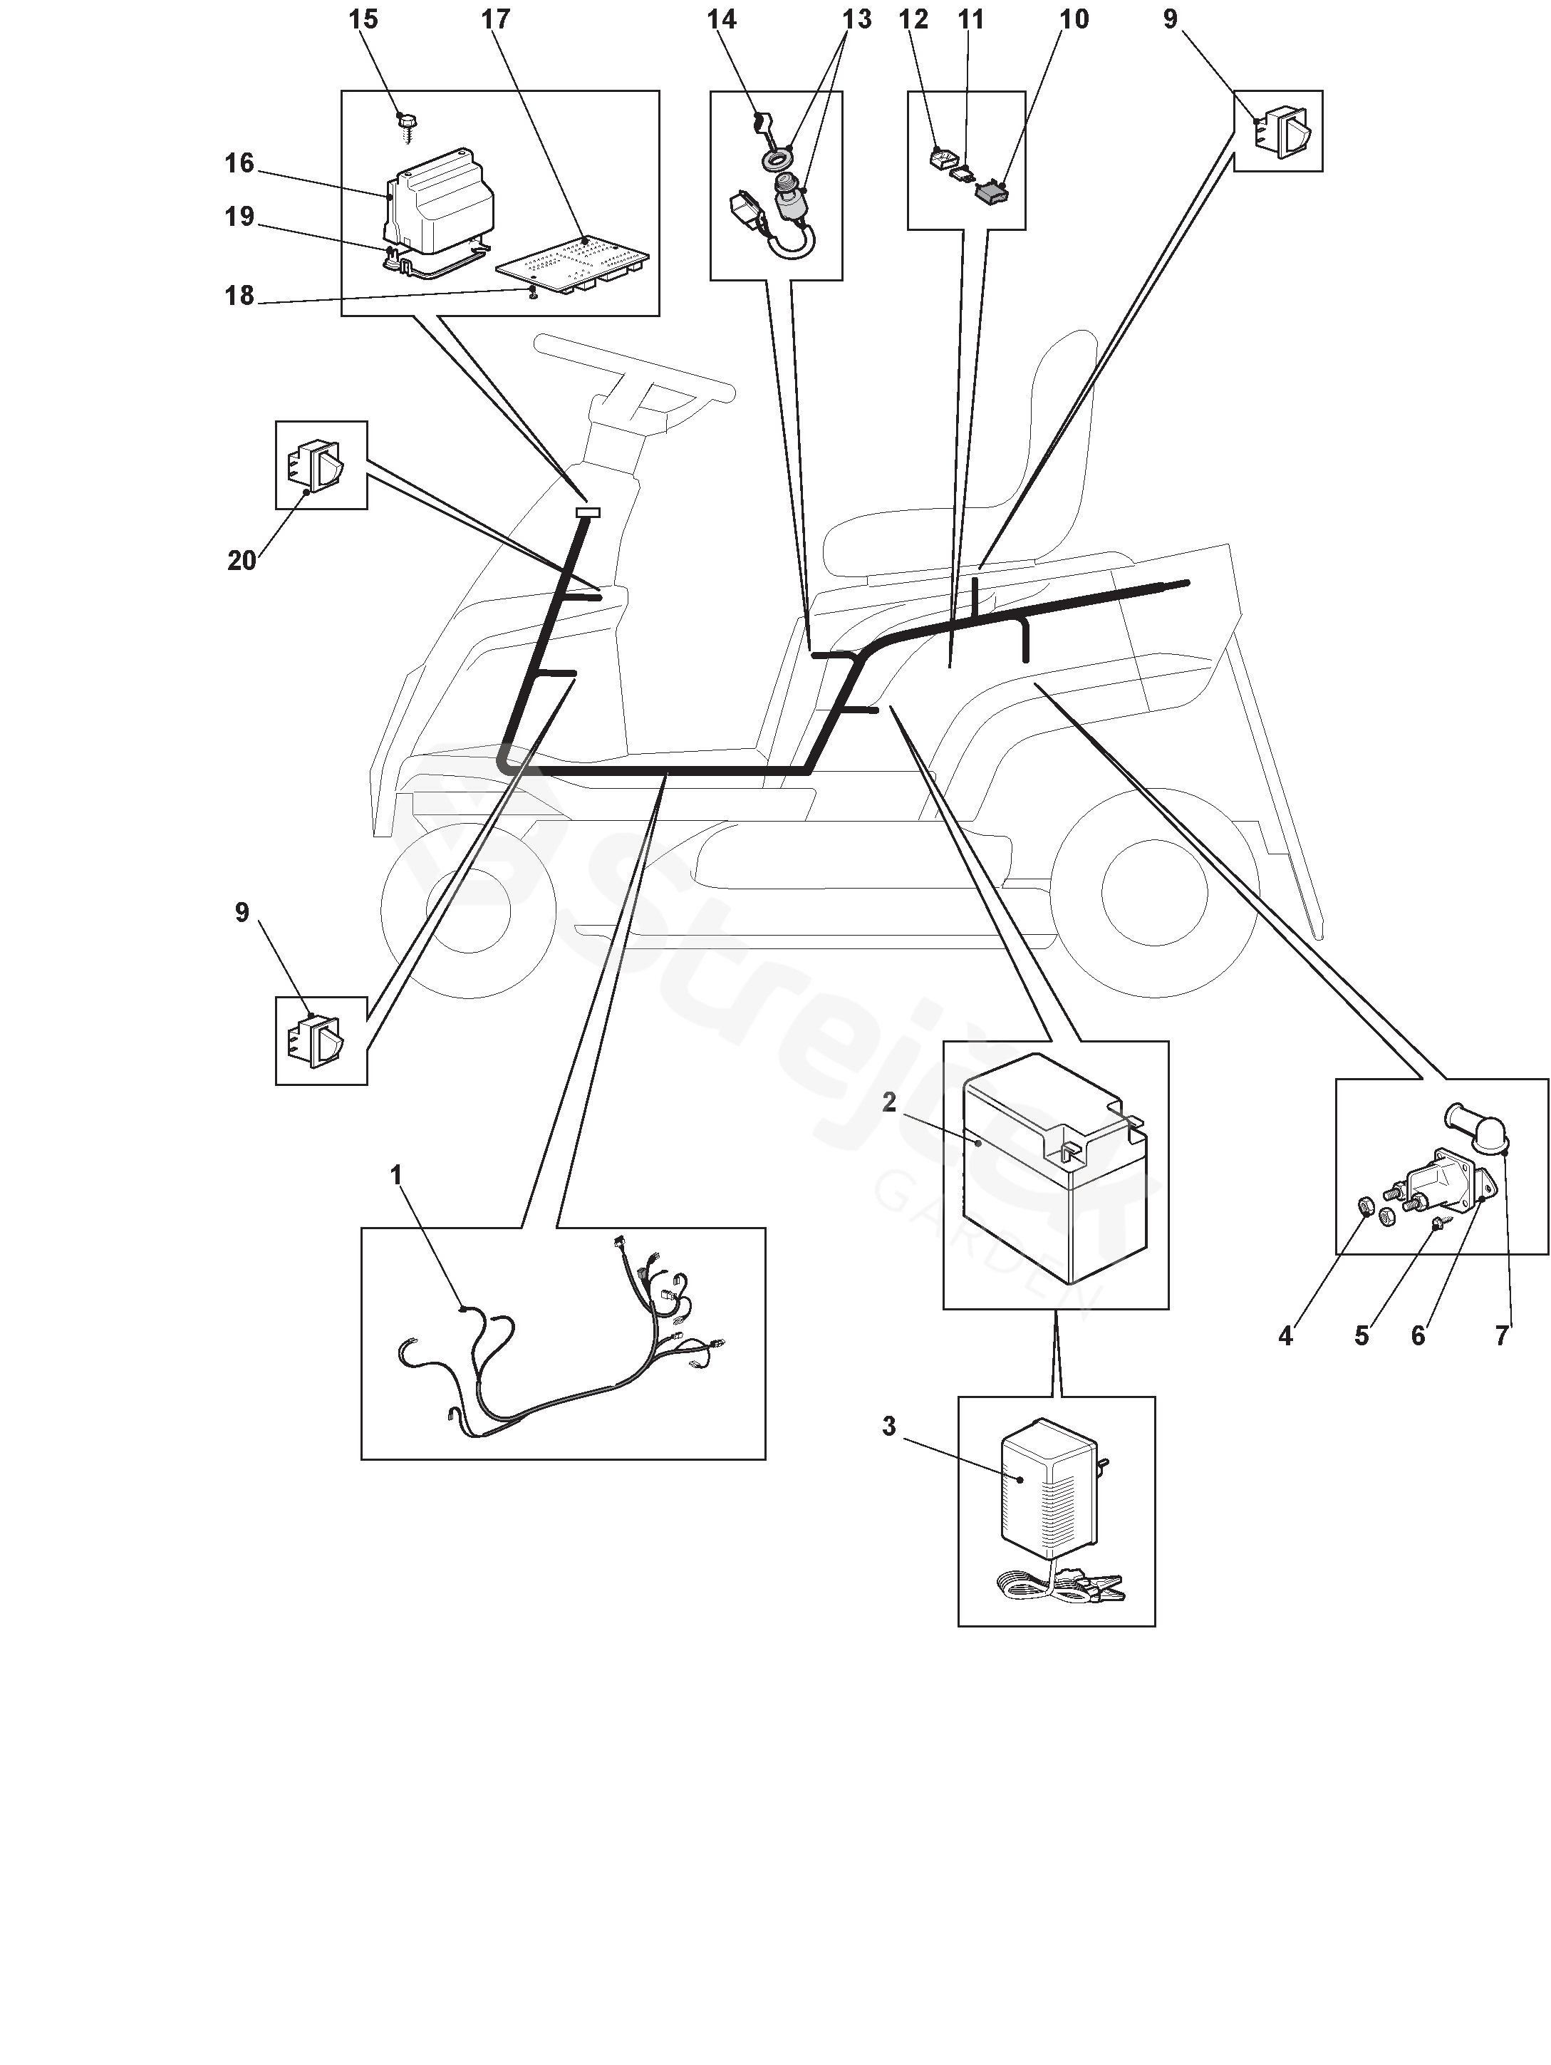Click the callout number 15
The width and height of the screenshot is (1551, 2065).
[363, 20]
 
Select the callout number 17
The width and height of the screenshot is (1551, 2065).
[496, 20]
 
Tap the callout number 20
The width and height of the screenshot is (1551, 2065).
[242, 560]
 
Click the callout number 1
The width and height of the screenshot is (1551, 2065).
[395, 1174]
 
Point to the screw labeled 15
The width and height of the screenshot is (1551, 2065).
[407, 126]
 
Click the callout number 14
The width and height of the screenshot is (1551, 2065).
[722, 20]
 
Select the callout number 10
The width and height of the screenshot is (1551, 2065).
[1074, 20]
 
